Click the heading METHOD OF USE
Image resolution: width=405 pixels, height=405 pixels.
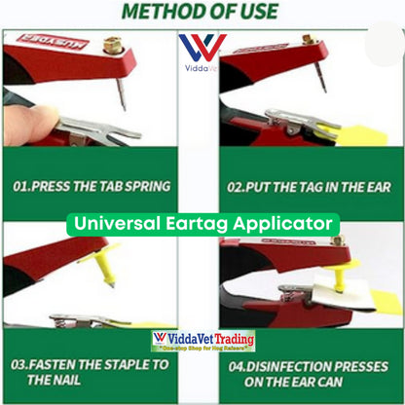pos(202,13)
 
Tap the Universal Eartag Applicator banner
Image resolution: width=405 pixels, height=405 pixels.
pos(202,223)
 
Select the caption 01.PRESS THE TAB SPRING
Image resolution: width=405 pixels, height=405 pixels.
pos(92,186)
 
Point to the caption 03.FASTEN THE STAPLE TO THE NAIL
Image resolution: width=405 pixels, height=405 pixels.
pos(85,374)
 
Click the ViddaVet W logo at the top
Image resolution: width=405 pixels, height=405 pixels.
pos(202,49)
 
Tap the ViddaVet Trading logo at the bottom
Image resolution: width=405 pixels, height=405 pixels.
pos(202,341)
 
